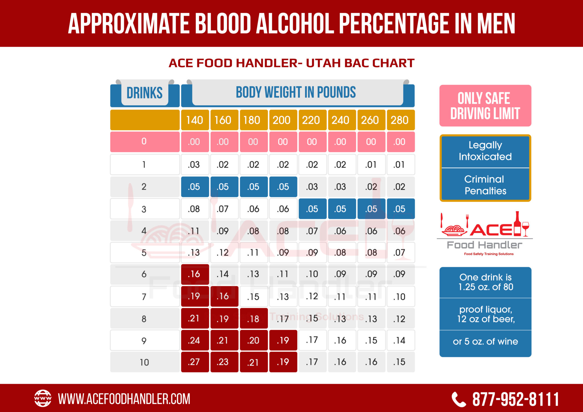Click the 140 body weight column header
coord(195,120)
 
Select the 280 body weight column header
coord(400,120)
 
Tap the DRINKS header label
coord(145,93)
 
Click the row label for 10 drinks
coord(144,362)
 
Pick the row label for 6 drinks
coord(144,274)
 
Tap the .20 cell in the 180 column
coord(253,340)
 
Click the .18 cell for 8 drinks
coord(253,319)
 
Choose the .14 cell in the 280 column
coord(400,340)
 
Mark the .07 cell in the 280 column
coord(400,252)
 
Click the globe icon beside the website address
coord(43,398)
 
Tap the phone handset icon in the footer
coord(459,399)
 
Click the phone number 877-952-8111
coord(516,399)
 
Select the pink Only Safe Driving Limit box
coord(485,106)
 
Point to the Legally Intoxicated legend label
coord(485,151)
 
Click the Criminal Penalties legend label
coord(485,185)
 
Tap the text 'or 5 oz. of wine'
coord(485,341)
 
